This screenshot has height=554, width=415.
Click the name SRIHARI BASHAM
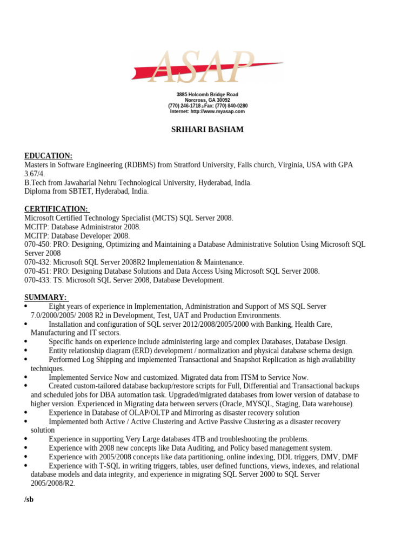207,130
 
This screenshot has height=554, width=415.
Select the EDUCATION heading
48,156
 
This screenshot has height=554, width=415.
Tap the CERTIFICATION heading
56,209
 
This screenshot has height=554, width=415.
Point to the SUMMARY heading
45,297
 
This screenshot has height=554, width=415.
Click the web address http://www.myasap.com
216,111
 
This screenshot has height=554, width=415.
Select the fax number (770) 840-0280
233,106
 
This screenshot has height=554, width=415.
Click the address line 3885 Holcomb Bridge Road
207,95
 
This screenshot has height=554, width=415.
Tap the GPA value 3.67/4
35,174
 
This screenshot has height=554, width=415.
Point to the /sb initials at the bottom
29,499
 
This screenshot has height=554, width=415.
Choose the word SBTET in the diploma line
81,192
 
